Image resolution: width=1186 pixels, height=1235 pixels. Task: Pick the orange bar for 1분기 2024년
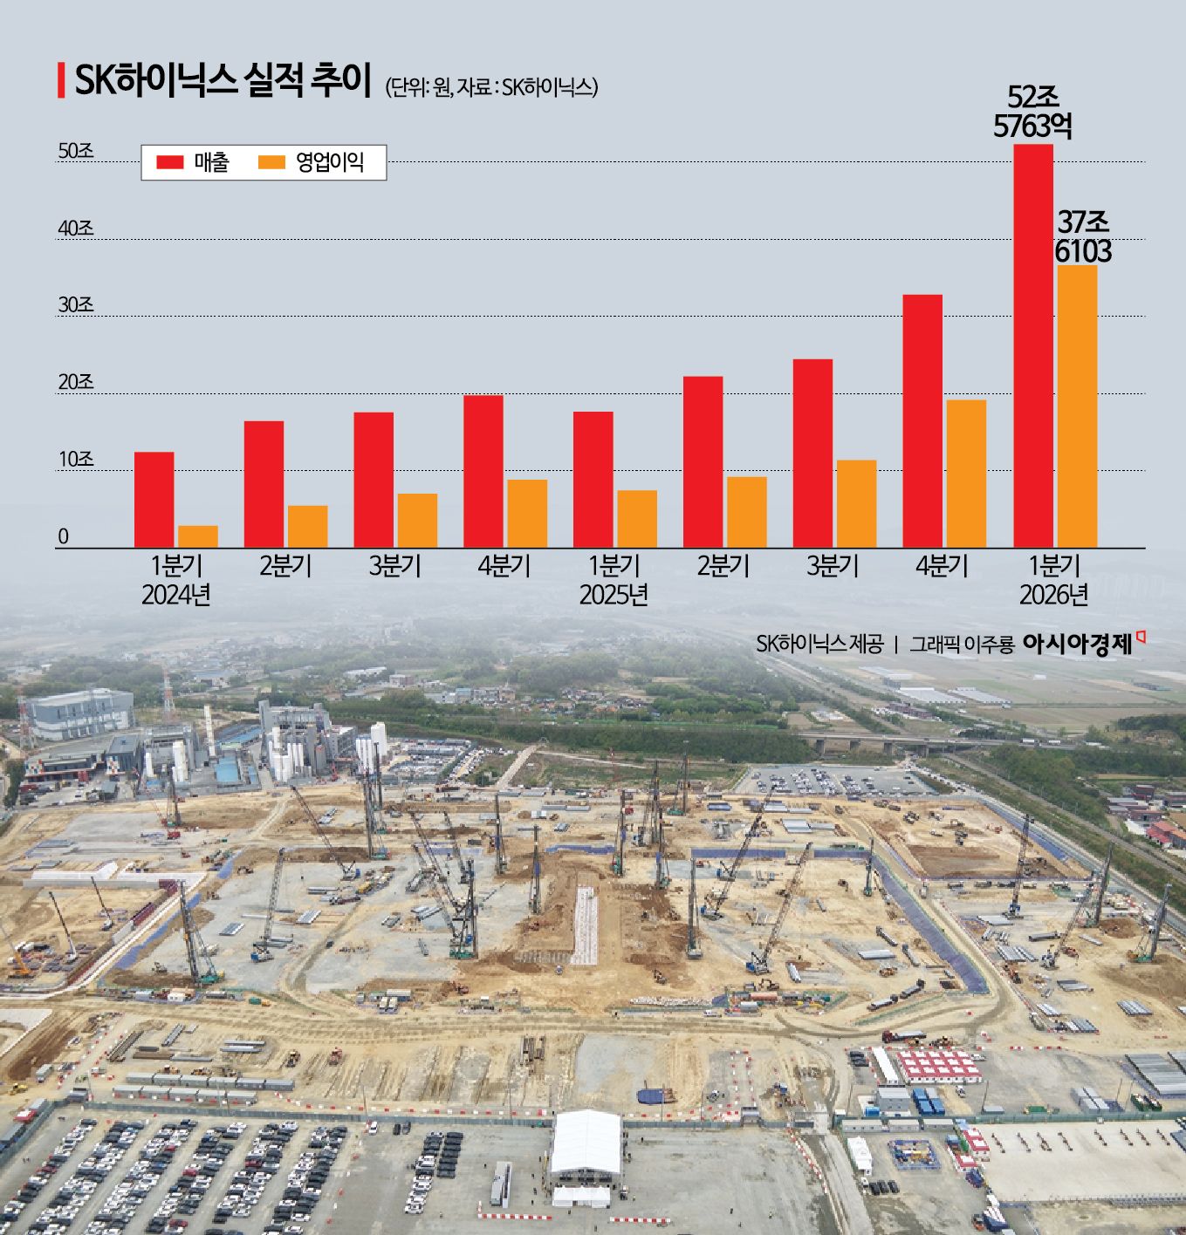tap(198, 536)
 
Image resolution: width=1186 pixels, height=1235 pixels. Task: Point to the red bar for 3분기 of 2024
tap(374, 480)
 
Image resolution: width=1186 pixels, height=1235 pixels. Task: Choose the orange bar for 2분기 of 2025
tap(747, 512)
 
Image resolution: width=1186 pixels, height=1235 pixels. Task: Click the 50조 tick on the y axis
tap(76, 151)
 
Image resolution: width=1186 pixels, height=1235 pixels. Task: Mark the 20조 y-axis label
tap(76, 383)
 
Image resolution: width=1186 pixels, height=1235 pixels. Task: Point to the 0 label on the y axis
tap(63, 537)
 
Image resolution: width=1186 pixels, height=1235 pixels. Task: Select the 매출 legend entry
tap(193, 162)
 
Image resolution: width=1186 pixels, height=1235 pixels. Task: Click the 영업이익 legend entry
tap(312, 162)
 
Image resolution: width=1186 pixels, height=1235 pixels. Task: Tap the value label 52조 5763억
tap(1032, 112)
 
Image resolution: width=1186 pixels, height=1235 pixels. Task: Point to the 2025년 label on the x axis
tap(614, 595)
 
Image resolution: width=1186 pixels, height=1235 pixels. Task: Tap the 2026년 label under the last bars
tap(1054, 595)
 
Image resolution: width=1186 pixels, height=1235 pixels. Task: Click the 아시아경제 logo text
tap(1078, 645)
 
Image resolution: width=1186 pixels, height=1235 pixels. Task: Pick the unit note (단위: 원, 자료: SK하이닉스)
tap(491, 87)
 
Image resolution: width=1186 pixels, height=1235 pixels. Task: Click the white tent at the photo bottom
tap(586, 1143)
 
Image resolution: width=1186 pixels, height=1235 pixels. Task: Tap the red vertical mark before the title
tap(61, 80)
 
